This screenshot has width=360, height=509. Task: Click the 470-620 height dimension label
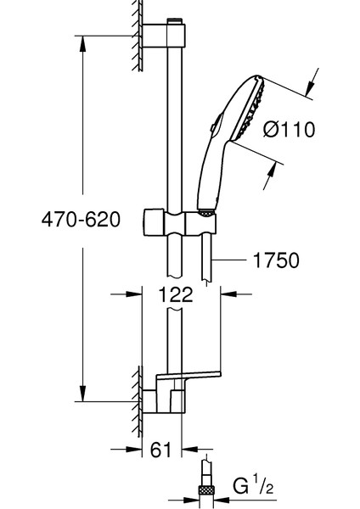coord(81,219)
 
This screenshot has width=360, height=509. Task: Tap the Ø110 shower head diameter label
coord(289,129)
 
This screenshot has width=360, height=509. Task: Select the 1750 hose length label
coord(276,260)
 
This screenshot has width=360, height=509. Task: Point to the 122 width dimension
coord(176,294)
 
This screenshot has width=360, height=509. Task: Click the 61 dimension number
coord(160,450)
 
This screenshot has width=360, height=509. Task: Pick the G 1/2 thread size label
coord(253,484)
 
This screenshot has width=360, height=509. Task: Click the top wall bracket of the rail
coord(164,35)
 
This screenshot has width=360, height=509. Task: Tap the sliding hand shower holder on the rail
coord(179,222)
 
